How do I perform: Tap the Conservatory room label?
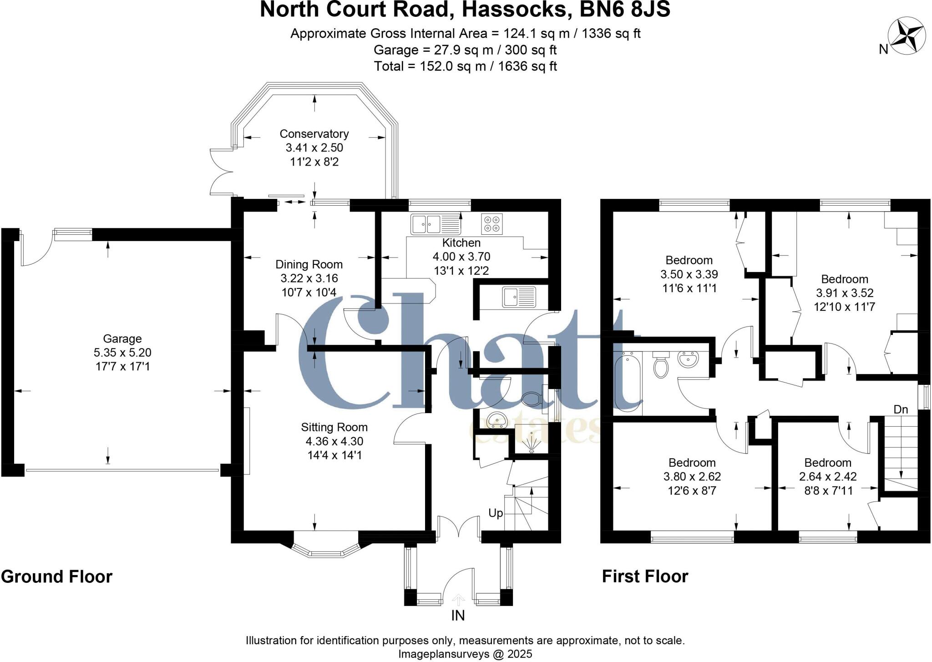click(x=314, y=134)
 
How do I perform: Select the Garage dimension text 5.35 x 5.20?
click(x=122, y=352)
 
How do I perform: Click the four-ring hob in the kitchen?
click(x=491, y=224)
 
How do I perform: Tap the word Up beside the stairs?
click(x=496, y=513)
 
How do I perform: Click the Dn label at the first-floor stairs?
click(x=901, y=409)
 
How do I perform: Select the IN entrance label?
click(x=458, y=616)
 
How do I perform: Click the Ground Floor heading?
click(x=57, y=576)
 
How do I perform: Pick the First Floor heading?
click(x=645, y=576)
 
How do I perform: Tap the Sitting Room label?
click(x=334, y=427)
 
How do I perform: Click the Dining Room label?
click(x=309, y=264)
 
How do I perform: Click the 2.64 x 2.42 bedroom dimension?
click(x=828, y=476)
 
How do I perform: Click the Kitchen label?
click(x=461, y=243)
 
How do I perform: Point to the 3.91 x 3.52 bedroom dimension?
click(x=844, y=293)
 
